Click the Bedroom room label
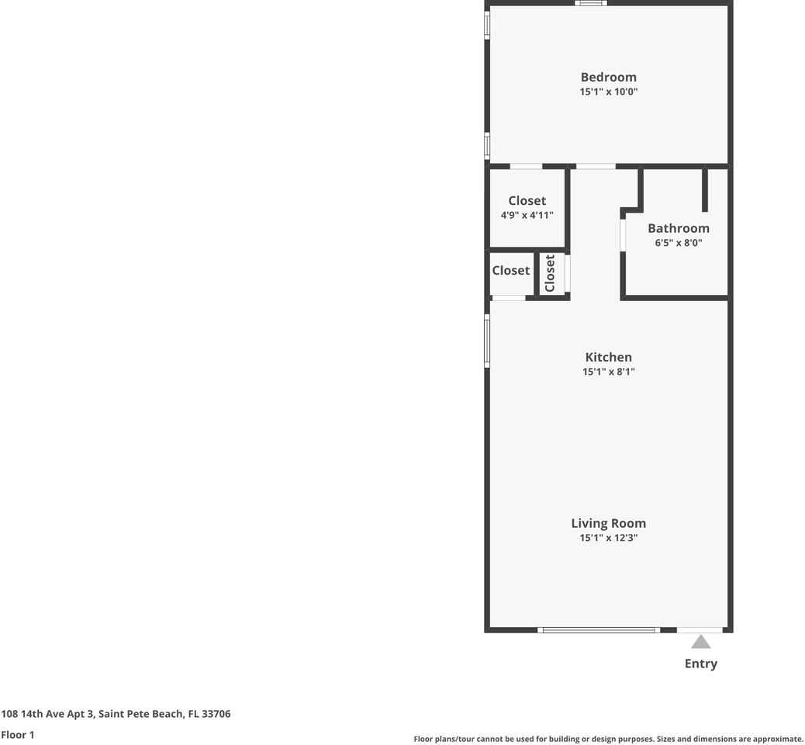pyautogui.click(x=608, y=77)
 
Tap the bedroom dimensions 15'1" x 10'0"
pyautogui.click(x=608, y=92)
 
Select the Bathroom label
pyautogui.click(x=678, y=228)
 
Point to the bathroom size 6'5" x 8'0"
pyautogui.click(x=678, y=243)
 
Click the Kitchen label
pyautogui.click(x=608, y=357)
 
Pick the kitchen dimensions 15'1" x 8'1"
pyautogui.click(x=608, y=372)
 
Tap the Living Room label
pyautogui.click(x=608, y=523)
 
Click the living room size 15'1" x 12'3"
pyautogui.click(x=608, y=538)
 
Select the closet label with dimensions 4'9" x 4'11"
pyautogui.click(x=527, y=201)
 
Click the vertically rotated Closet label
pyautogui.click(x=550, y=273)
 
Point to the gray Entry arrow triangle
pyautogui.click(x=700, y=642)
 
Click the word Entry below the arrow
pyautogui.click(x=700, y=664)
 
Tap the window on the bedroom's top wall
pyautogui.click(x=591, y=3)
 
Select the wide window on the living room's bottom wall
pyautogui.click(x=599, y=629)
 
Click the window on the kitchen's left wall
pyautogui.click(x=487, y=340)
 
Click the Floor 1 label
pyautogui.click(x=18, y=734)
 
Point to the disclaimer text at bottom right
pyautogui.click(x=608, y=739)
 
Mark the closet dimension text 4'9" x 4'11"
pyautogui.click(x=527, y=216)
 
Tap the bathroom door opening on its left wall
pyautogui.click(x=623, y=235)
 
